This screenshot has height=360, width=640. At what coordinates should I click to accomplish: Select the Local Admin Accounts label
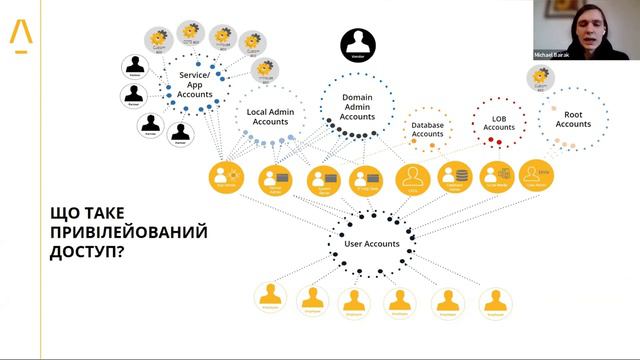(x=270, y=116)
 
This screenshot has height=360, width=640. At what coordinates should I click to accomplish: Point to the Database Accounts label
(x=427, y=129)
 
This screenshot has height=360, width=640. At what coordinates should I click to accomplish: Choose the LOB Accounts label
(x=499, y=123)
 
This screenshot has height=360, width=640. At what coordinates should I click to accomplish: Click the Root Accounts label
(x=572, y=118)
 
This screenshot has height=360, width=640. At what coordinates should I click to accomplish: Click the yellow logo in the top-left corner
(x=20, y=35)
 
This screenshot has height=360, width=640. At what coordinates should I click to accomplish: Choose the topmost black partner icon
(x=136, y=64)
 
